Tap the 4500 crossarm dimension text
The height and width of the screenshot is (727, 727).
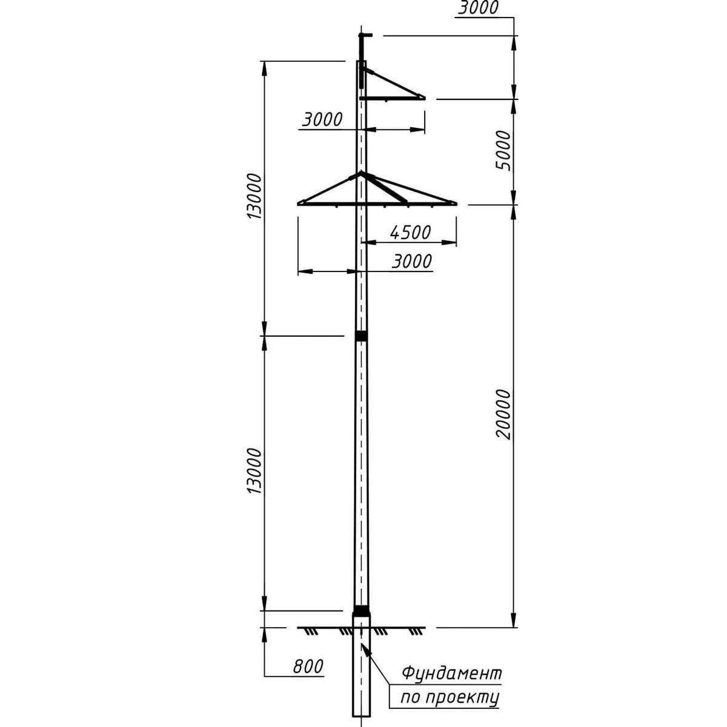[410, 233]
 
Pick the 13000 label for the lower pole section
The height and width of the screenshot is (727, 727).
[254, 471]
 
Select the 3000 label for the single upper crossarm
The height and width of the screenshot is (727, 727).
[322, 119]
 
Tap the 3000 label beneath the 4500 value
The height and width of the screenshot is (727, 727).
[411, 261]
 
